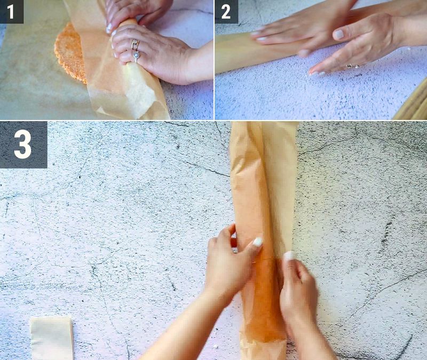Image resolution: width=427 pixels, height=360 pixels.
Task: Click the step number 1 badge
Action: (x=11, y=11)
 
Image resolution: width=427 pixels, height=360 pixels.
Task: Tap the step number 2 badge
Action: (x=226, y=11)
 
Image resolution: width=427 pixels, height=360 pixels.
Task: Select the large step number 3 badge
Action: (x=23, y=144)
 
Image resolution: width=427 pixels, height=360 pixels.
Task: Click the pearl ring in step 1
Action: (x=137, y=54)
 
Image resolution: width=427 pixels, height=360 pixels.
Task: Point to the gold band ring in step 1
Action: (x=135, y=44)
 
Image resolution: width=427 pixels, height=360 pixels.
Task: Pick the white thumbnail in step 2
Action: (x=338, y=35)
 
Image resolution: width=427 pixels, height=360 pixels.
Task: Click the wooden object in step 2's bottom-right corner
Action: (x=414, y=104)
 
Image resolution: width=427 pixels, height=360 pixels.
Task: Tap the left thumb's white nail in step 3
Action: (x=257, y=243)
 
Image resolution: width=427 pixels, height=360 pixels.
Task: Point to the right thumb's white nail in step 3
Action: (x=289, y=256)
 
